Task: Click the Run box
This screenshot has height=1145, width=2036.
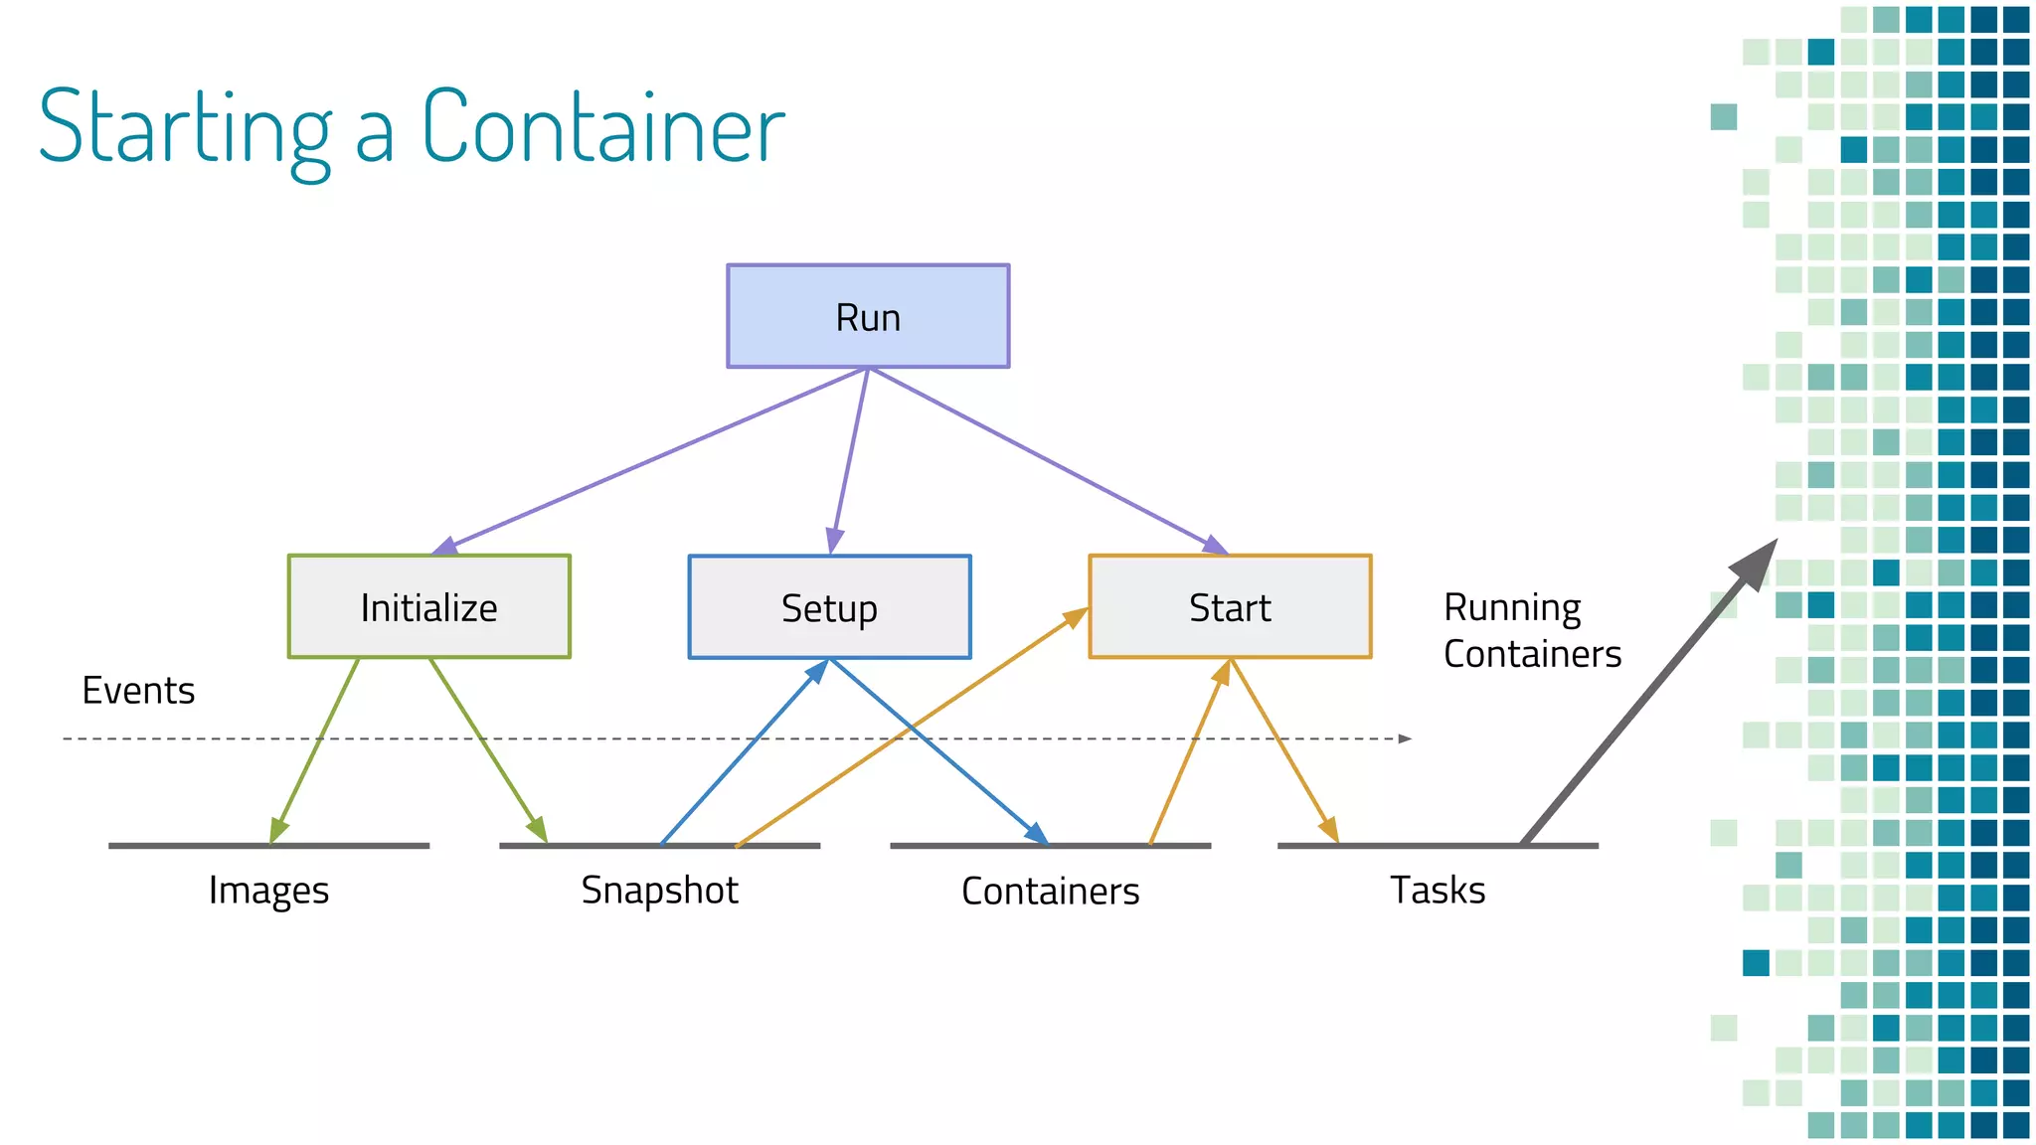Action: (x=868, y=316)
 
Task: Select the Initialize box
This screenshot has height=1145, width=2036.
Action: (x=428, y=606)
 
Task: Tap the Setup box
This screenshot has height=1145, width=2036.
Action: (x=829, y=606)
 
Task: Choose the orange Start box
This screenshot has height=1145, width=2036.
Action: (x=1230, y=606)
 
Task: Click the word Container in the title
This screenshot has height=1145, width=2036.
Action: (x=603, y=126)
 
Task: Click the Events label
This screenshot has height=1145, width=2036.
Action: (x=138, y=690)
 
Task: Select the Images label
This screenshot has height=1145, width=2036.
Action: (x=268, y=891)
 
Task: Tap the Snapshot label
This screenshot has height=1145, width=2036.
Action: (x=659, y=891)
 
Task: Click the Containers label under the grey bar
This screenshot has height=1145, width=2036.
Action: (x=1050, y=891)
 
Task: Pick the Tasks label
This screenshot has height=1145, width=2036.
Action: (x=1438, y=891)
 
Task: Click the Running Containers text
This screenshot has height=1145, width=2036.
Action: (x=1531, y=630)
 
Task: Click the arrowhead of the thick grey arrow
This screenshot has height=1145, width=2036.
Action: (x=1758, y=563)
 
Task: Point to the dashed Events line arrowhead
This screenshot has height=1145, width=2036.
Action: (x=1405, y=738)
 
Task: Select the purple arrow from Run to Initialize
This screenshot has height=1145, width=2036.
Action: (x=646, y=460)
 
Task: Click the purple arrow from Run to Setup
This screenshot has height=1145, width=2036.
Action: (x=850, y=457)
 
